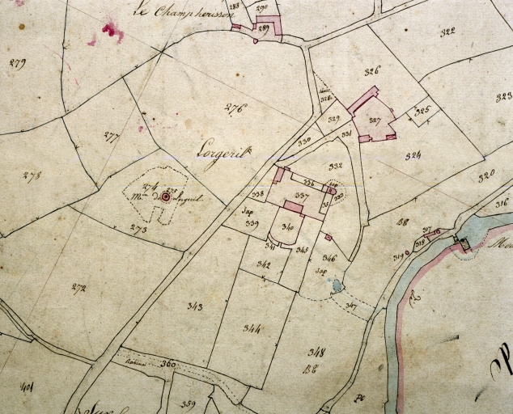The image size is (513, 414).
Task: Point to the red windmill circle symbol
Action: coord(167,196)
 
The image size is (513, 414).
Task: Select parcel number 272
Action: coord(78,287)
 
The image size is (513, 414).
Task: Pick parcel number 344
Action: coord(252,328)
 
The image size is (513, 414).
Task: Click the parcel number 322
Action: coord(447,32)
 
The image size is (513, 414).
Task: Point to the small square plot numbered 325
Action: coord(421,112)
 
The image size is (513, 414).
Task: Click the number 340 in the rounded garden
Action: coord(287,227)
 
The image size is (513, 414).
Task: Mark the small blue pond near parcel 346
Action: coord(337,285)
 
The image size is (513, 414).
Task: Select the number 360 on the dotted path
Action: coord(167,364)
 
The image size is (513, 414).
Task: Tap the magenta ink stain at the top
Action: coord(112,32)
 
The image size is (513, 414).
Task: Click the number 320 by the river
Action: coord(485,176)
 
